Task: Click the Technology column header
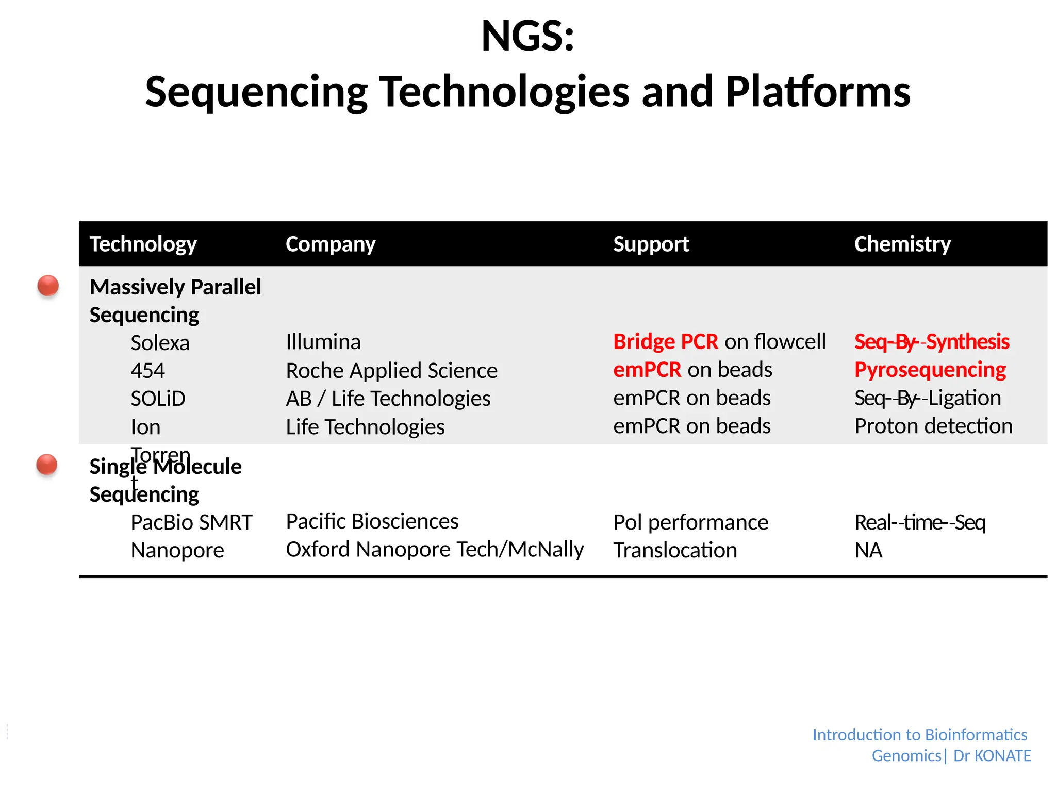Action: tap(143, 244)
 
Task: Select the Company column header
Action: tap(330, 244)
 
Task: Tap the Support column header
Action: tap(651, 244)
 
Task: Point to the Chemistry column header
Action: tap(902, 244)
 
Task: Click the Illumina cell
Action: tap(323, 342)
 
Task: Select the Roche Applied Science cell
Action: tap(391, 371)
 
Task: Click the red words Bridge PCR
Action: tap(665, 342)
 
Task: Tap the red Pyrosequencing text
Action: tap(930, 370)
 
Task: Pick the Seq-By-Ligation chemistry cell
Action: tap(927, 398)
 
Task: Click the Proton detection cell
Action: tap(933, 426)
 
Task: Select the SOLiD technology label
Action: tap(158, 399)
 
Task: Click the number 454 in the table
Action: tap(147, 371)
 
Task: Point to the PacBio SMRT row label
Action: tap(191, 522)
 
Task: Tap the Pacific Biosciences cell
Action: tap(372, 521)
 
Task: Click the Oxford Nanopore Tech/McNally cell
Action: tap(434, 550)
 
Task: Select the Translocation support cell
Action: tap(674, 550)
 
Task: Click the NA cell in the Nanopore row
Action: tap(868, 550)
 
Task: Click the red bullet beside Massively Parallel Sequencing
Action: tap(48, 286)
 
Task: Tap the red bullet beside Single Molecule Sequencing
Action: tap(47, 465)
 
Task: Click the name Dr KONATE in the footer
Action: tap(992, 756)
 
